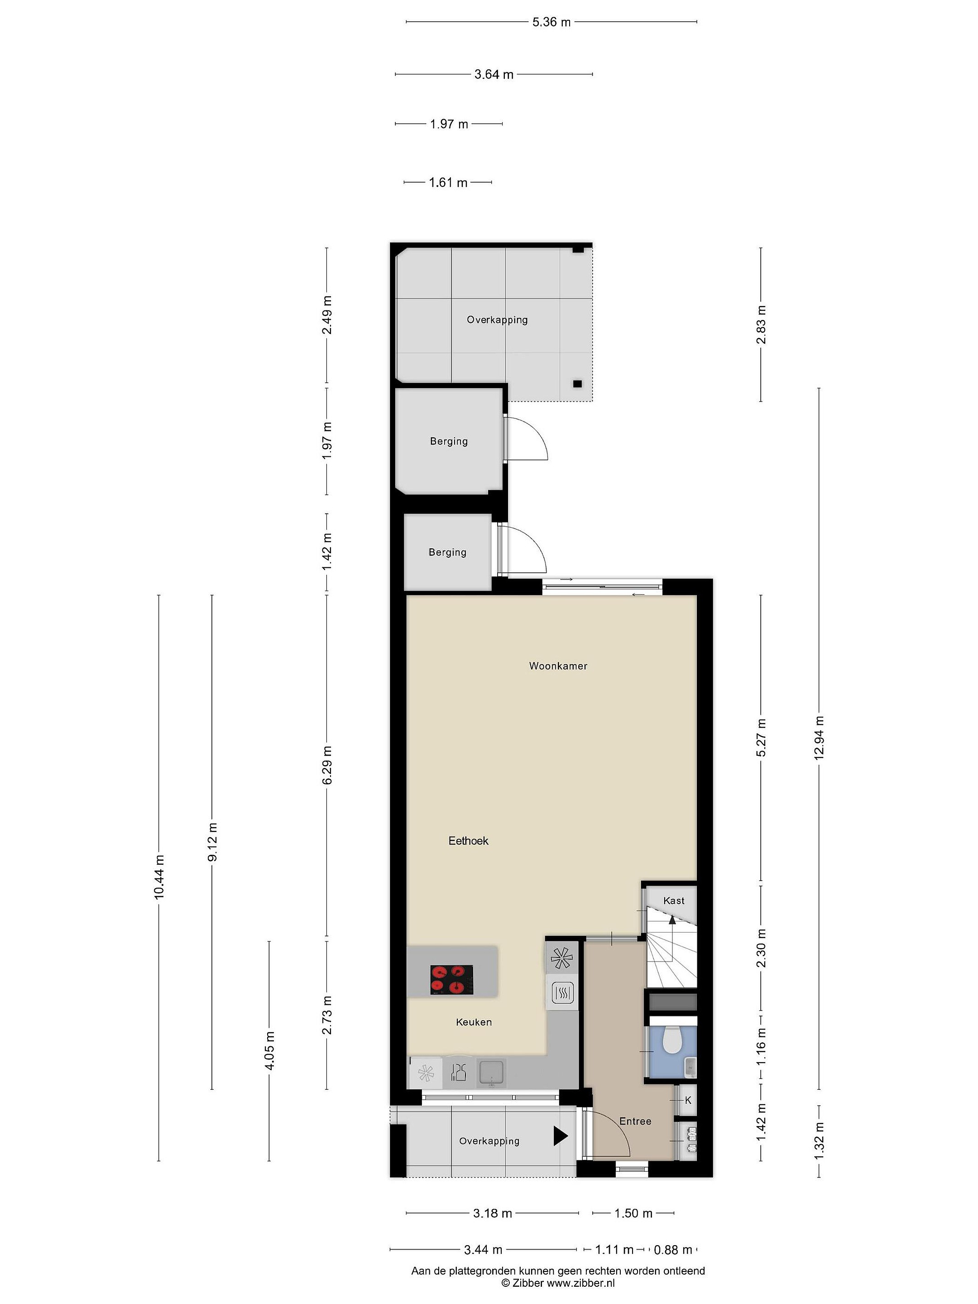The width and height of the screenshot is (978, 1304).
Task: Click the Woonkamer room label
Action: pyautogui.click(x=558, y=666)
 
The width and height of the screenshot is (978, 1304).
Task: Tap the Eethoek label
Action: pyautogui.click(x=468, y=841)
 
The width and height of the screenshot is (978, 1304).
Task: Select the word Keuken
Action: pyautogui.click(x=473, y=1021)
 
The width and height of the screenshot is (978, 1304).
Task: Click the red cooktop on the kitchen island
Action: pyautogui.click(x=451, y=980)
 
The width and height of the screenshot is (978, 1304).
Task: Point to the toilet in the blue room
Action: pyautogui.click(x=672, y=1040)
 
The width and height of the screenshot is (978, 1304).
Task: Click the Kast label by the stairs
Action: pyautogui.click(x=674, y=900)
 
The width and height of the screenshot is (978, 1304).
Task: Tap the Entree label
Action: pyautogui.click(x=635, y=1121)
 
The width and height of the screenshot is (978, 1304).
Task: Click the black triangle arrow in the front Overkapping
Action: pyautogui.click(x=560, y=1136)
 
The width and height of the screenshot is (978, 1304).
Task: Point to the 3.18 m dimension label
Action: pyautogui.click(x=492, y=1213)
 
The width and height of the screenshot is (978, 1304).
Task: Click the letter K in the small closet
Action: pyautogui.click(x=688, y=1100)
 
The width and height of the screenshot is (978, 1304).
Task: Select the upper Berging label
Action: pyautogui.click(x=449, y=441)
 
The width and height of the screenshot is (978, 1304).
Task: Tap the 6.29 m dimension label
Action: pyautogui.click(x=328, y=765)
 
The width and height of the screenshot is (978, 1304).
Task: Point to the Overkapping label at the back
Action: pyautogui.click(x=497, y=320)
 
